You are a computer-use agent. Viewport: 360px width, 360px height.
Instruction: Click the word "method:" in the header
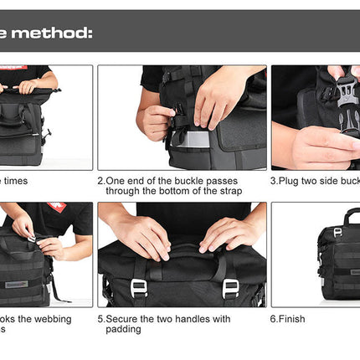point(51,33)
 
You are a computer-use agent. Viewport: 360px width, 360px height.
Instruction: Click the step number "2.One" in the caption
point(113,179)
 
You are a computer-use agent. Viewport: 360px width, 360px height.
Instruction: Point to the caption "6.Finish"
point(287,319)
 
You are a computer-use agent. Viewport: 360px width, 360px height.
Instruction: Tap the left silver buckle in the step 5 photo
point(138,287)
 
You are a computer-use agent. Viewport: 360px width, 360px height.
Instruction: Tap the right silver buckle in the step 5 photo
point(230,287)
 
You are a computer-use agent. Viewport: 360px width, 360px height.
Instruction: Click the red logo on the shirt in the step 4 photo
point(56,206)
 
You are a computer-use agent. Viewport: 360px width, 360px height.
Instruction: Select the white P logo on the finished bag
point(337,232)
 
